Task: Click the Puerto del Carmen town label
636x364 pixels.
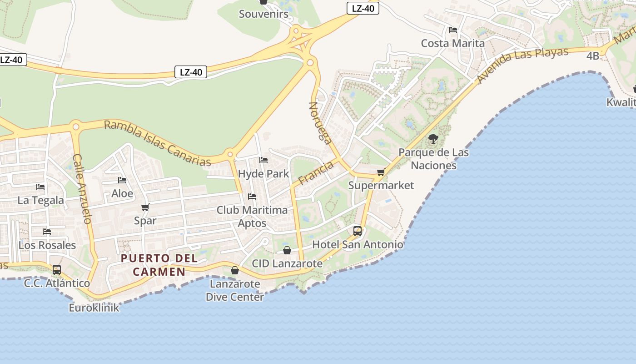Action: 159,265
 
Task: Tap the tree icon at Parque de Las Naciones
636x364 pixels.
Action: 433,139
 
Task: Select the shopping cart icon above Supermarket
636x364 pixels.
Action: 381,172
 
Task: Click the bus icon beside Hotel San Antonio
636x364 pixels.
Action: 358,231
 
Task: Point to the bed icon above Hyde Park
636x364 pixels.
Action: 263,160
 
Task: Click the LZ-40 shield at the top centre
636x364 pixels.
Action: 363,8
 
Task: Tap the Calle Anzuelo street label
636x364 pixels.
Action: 82,188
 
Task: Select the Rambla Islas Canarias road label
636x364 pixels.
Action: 158,143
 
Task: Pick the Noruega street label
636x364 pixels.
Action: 320,122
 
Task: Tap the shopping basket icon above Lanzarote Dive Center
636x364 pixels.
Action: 234,270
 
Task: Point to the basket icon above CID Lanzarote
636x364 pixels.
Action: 287,250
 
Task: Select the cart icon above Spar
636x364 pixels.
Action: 145,207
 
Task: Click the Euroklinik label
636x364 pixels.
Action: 94,308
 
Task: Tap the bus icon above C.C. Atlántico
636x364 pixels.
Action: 57,269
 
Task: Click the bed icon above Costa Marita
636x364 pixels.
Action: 452,30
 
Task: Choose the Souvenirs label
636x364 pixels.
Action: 263,14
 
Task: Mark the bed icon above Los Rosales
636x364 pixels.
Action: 47,232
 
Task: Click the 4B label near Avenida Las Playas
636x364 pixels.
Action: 593,56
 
